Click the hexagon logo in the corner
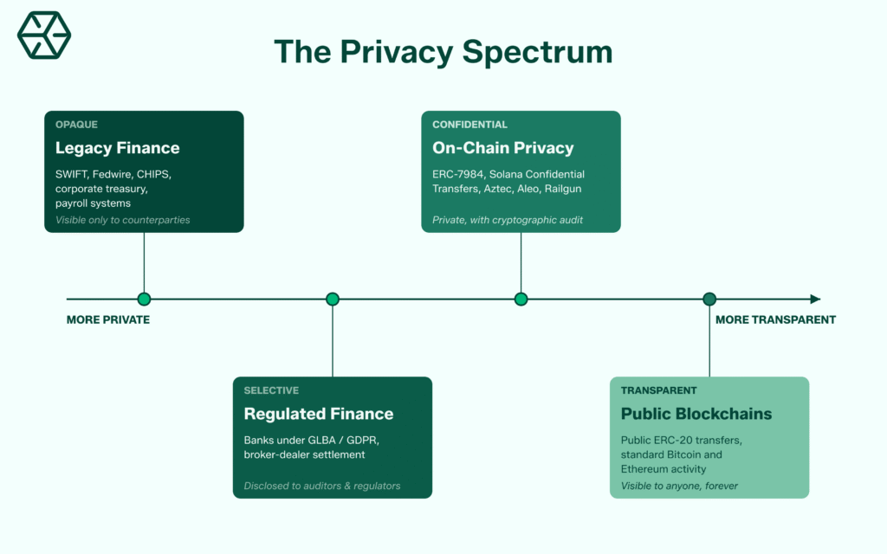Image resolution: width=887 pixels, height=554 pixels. (x=44, y=36)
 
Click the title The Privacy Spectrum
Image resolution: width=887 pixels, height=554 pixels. (x=443, y=52)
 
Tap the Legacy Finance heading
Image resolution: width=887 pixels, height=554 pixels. (x=117, y=148)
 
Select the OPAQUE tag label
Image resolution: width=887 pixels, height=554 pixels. (x=77, y=125)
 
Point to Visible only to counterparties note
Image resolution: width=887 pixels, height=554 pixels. (x=122, y=220)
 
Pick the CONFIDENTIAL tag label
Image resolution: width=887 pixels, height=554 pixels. (x=469, y=125)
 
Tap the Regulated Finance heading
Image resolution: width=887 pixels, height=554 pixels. (x=318, y=414)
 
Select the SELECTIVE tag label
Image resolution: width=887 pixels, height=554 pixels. (x=271, y=390)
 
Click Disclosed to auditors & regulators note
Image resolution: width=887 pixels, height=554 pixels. (x=322, y=486)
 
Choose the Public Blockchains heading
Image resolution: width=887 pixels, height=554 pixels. (x=696, y=414)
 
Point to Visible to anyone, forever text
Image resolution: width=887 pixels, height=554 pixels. (x=679, y=486)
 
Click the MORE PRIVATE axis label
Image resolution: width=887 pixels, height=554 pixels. (x=108, y=319)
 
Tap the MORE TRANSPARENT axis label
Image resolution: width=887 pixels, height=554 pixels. (x=775, y=319)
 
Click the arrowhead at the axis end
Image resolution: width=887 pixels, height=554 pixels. (x=815, y=300)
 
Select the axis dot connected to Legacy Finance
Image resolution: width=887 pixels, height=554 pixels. (x=144, y=300)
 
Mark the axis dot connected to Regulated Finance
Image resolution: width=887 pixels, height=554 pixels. (x=333, y=300)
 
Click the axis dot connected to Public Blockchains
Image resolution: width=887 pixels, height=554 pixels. (x=709, y=300)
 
